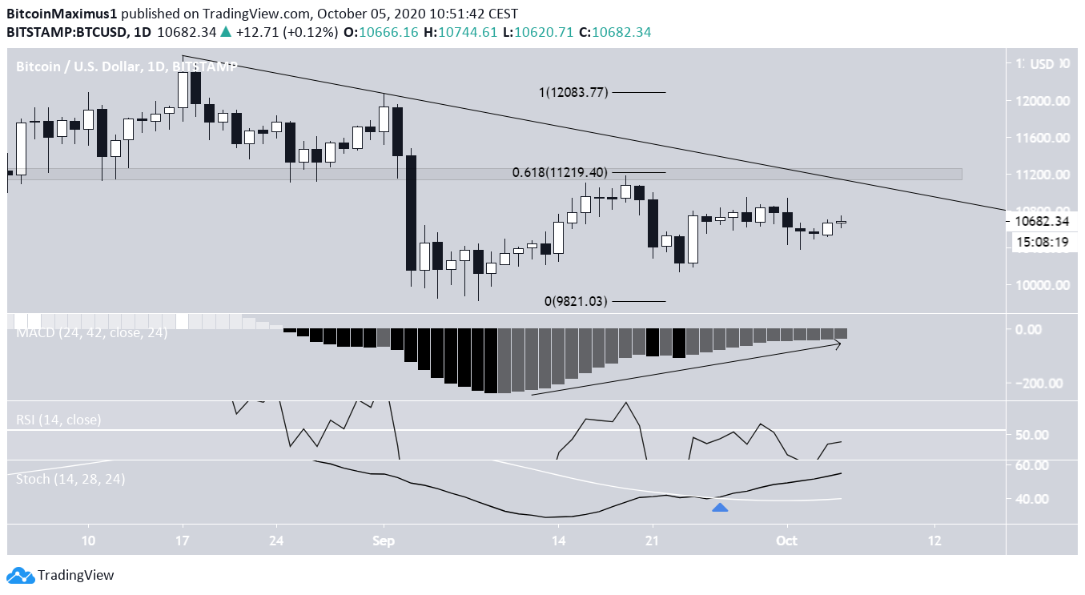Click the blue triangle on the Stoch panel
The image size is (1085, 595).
pos(720,507)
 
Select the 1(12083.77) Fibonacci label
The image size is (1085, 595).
pos(573,92)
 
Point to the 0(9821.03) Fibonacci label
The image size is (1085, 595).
pos(576,301)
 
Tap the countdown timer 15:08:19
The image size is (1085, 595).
pos(1040,241)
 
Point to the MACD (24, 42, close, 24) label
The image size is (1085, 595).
pos(92,332)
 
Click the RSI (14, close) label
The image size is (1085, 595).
pos(58,420)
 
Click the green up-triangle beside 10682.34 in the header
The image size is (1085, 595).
pos(226,32)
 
